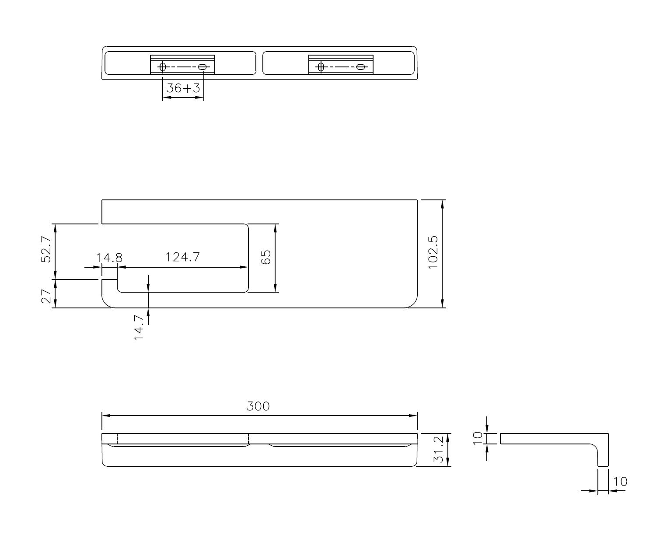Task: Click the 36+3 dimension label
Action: pyautogui.click(x=183, y=88)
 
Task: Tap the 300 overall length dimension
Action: pyautogui.click(x=258, y=406)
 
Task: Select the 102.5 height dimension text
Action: pyautogui.click(x=433, y=252)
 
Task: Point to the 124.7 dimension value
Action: pyautogui.click(x=183, y=257)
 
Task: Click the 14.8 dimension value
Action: pyautogui.click(x=109, y=258)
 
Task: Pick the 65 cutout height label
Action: pyautogui.click(x=266, y=257)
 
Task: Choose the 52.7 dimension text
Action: pyautogui.click(x=46, y=249)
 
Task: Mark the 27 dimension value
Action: pyautogui.click(x=46, y=296)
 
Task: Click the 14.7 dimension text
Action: pyautogui.click(x=139, y=328)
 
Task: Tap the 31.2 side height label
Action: pyautogui.click(x=439, y=450)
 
